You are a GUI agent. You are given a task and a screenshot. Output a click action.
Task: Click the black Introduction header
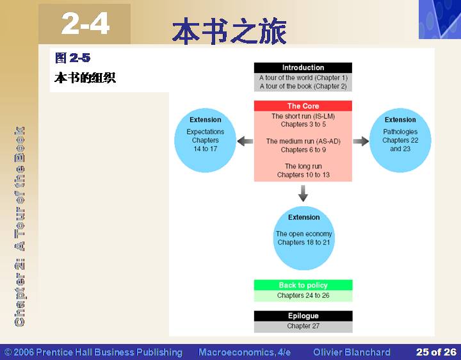pos(303,68)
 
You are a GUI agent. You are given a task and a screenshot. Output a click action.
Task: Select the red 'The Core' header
pos(303,106)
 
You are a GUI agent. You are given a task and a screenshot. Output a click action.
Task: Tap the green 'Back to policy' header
pos(303,285)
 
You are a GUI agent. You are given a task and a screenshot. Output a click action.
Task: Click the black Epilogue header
pos(303,316)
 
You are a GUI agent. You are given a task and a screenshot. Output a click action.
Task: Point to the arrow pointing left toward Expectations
pos(245,141)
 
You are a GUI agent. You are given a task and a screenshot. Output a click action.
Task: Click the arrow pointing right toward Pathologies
pos(360,141)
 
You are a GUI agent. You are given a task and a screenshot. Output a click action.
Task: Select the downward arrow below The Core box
pos(303,193)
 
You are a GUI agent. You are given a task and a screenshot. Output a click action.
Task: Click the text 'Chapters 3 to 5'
pos(303,124)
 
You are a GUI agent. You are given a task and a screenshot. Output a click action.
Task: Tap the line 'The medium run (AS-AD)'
pos(303,141)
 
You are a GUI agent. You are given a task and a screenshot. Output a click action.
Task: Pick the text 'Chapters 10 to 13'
pos(303,175)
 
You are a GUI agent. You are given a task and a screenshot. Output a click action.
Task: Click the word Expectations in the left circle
pos(206,132)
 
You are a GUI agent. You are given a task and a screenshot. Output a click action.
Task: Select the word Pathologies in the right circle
pos(400,132)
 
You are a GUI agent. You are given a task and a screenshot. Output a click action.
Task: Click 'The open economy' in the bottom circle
pos(303,234)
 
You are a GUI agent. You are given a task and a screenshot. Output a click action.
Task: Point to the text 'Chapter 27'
pos(303,326)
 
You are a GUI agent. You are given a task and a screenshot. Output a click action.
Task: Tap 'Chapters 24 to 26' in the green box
pos(303,295)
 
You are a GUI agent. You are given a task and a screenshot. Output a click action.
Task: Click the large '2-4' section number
pos(85,23)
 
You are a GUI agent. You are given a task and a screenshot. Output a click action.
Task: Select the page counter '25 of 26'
pos(436,352)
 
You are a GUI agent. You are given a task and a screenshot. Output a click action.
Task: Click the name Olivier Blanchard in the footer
pos(352,352)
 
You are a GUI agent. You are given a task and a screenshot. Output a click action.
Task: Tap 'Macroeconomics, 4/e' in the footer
pos(245,352)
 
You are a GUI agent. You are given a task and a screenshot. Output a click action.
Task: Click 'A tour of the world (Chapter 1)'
pos(303,78)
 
